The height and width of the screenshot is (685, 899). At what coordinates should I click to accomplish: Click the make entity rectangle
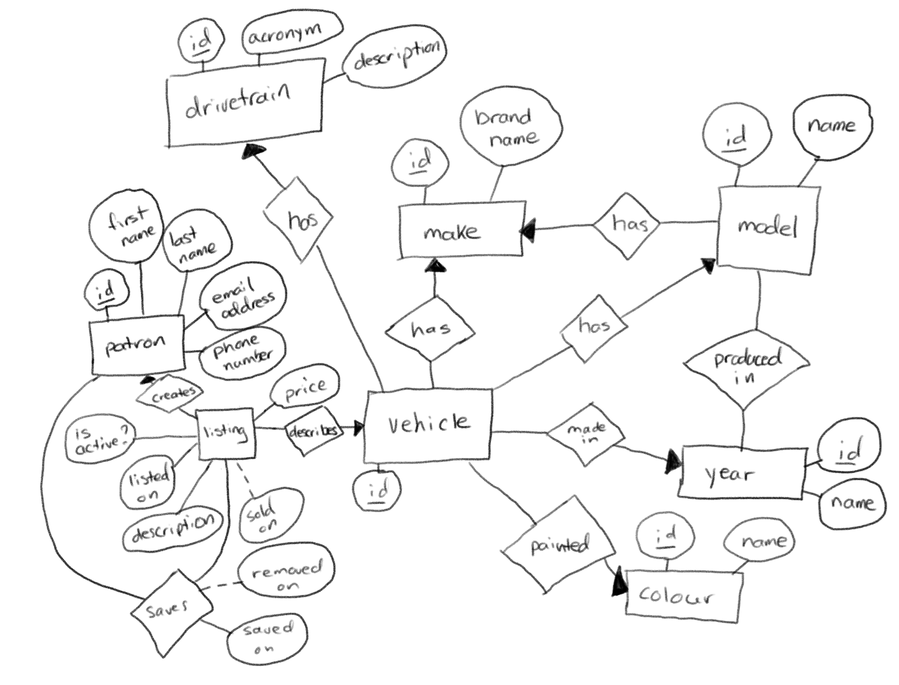click(x=461, y=229)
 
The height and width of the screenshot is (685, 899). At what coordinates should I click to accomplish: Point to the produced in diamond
click(x=746, y=366)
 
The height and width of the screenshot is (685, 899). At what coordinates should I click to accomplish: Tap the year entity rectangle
click(x=740, y=473)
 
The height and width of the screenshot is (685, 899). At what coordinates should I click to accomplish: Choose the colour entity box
click(x=683, y=595)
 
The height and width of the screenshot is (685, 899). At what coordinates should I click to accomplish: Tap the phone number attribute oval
click(x=242, y=353)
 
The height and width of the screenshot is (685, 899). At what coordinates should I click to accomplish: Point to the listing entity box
click(x=226, y=433)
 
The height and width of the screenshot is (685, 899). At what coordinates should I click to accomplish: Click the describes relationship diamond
click(x=313, y=430)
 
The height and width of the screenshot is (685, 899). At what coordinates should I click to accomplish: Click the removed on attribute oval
click(x=287, y=576)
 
